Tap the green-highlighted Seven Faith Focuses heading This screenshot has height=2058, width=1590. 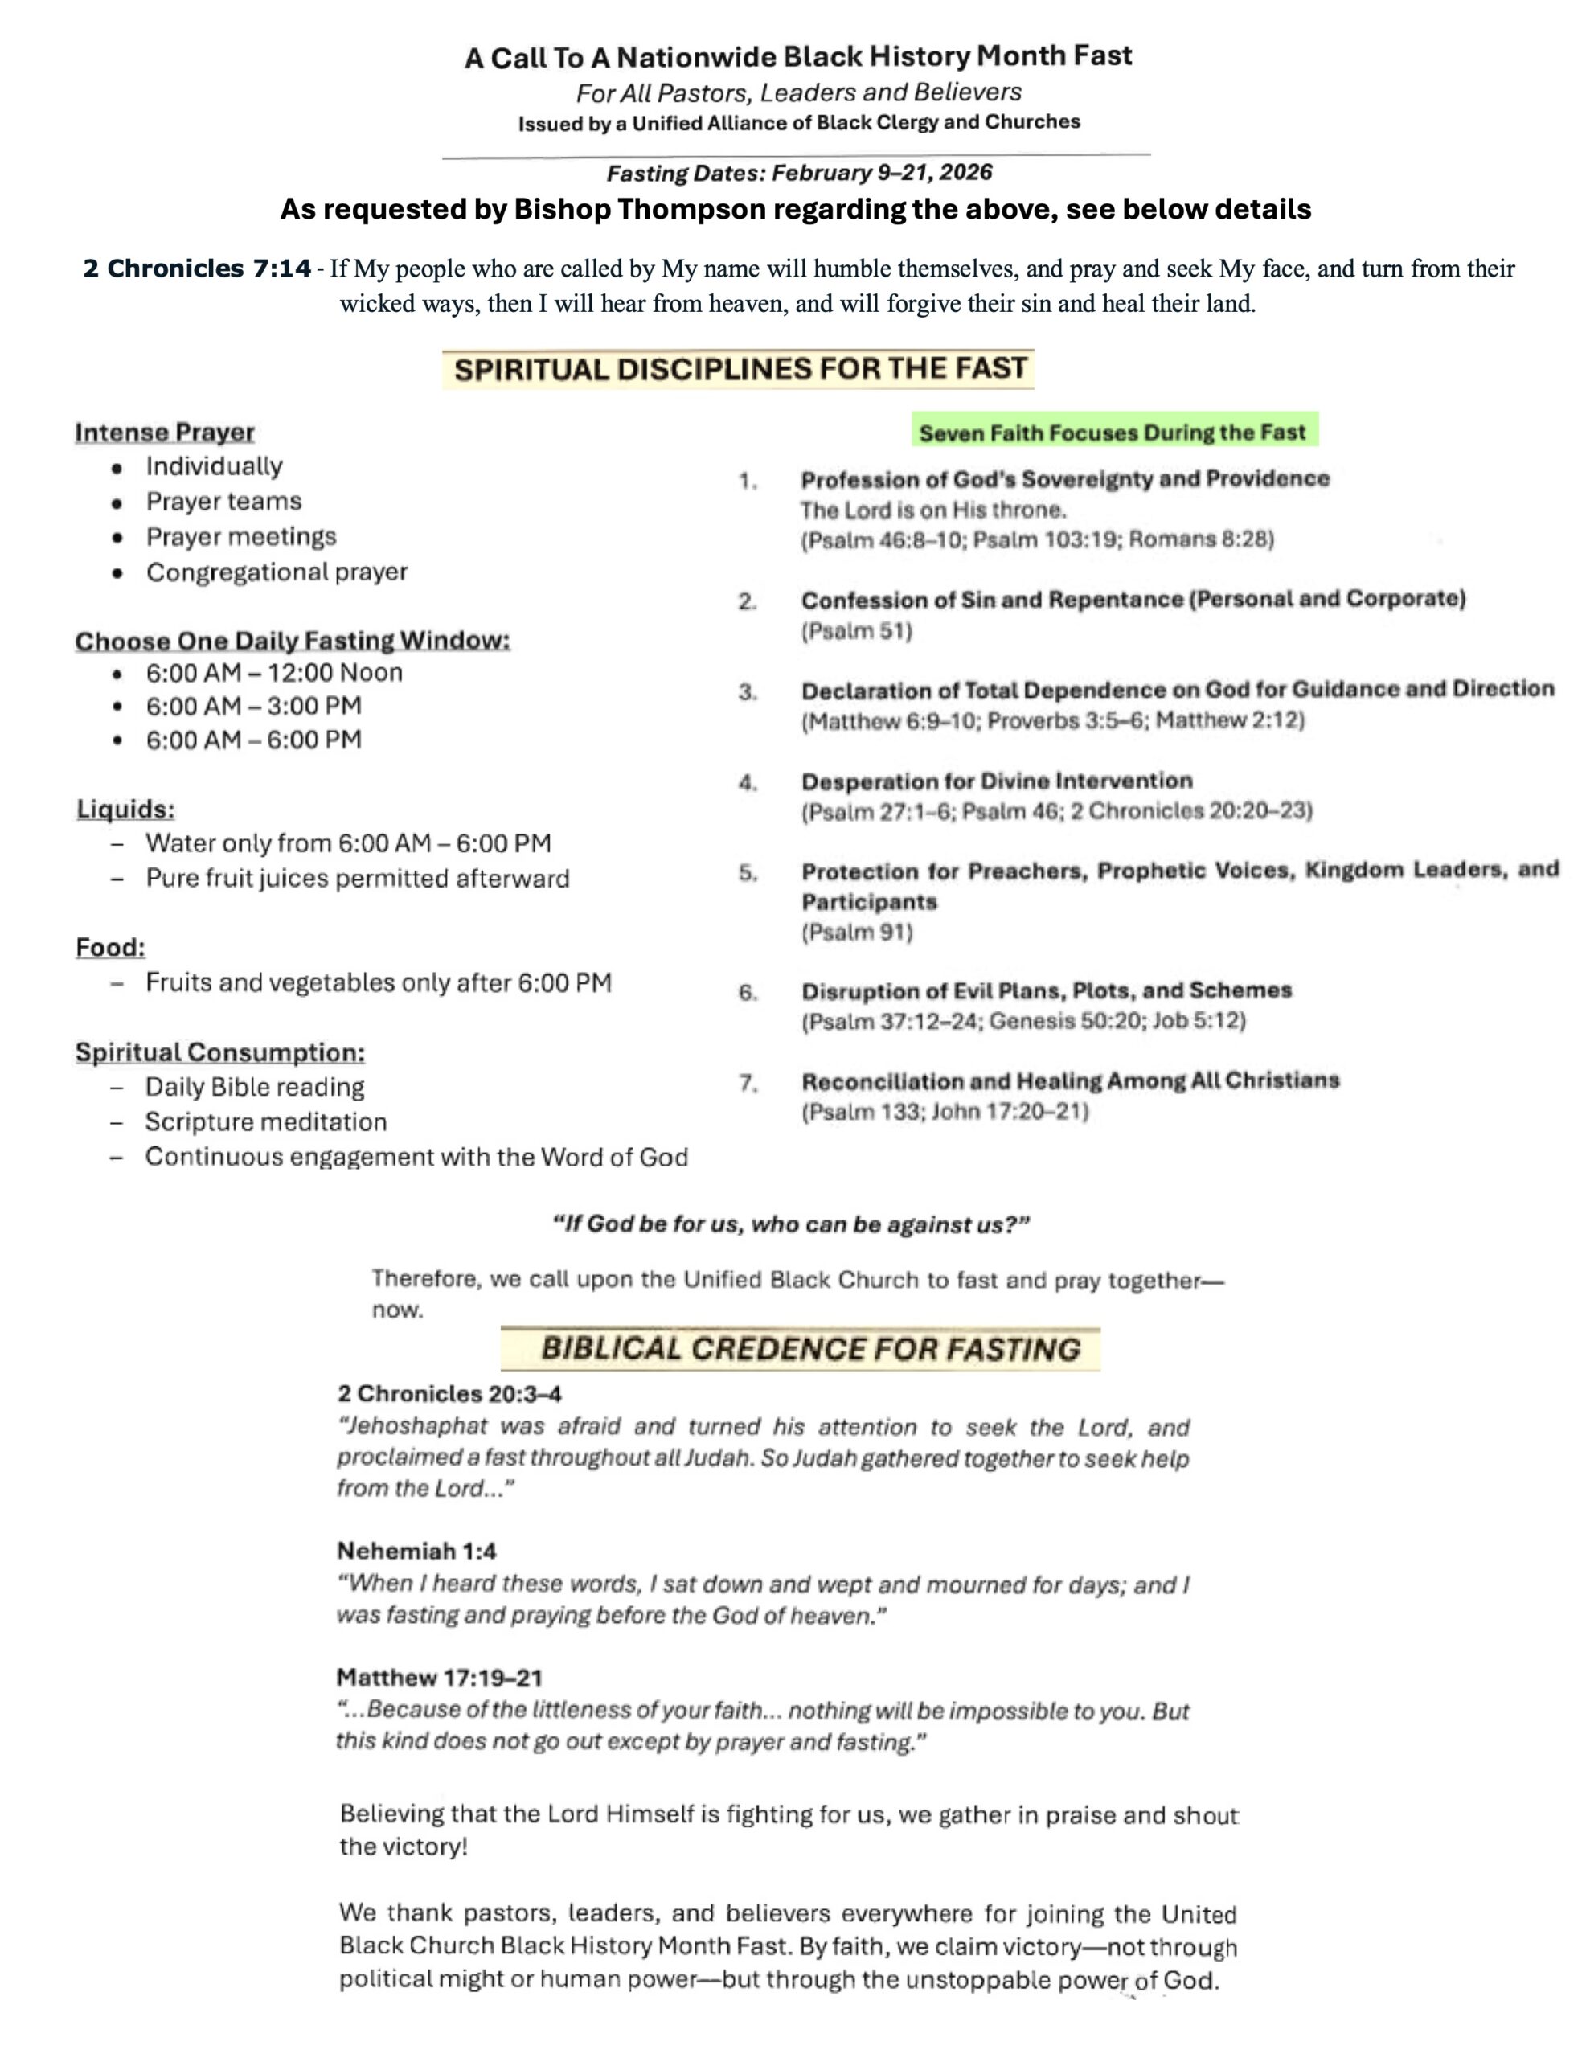pyautogui.click(x=1113, y=433)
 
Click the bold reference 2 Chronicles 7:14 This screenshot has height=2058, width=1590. pyautogui.click(x=196, y=269)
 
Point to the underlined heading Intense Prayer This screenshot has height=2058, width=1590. pyautogui.click(x=165, y=433)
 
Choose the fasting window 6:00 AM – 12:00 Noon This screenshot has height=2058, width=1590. pyautogui.click(x=273, y=673)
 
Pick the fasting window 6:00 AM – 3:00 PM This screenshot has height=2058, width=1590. pyautogui.click(x=252, y=706)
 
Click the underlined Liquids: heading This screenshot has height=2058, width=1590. pyautogui.click(x=125, y=810)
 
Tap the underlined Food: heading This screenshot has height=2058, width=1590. pyautogui.click(x=110, y=948)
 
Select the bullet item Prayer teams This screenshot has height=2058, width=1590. pyautogui.click(x=223, y=502)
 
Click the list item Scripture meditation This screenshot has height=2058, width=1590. pyautogui.click(x=266, y=1122)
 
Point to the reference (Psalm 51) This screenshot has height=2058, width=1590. pyautogui.click(x=856, y=631)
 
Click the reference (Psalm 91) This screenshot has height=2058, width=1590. pyautogui.click(x=856, y=933)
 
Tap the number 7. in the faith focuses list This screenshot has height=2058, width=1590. pyautogui.click(x=748, y=1084)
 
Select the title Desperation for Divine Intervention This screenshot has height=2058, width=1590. pyautogui.click(x=996, y=781)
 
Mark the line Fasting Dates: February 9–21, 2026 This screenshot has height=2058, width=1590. pyautogui.click(x=798, y=174)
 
